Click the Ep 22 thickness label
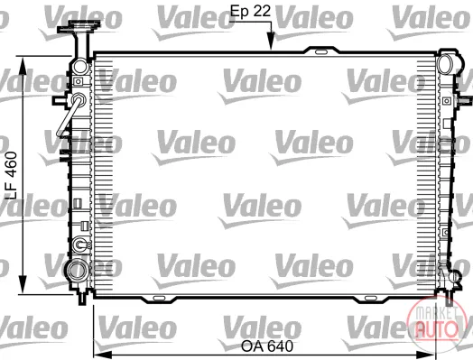click(250, 12)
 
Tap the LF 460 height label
click(12, 175)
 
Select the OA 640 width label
click(267, 346)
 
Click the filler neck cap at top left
click(79, 27)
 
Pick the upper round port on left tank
click(80, 67)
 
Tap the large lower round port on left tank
click(78, 270)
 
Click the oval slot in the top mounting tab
click(321, 52)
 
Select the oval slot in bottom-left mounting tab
click(159, 298)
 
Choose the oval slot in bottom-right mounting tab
click(371, 298)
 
